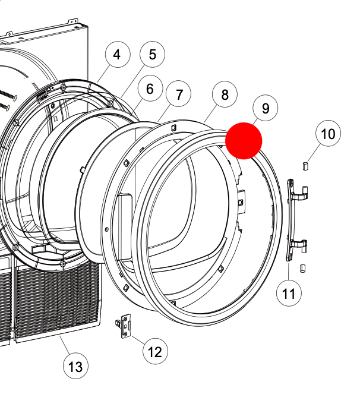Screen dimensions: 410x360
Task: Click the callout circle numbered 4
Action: [117, 55]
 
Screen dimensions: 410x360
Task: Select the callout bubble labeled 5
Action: [153, 55]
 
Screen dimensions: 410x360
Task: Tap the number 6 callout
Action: [150, 89]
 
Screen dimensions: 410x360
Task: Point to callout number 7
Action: [179, 94]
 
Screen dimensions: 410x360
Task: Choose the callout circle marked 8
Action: [225, 94]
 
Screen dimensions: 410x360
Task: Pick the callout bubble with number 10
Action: [329, 134]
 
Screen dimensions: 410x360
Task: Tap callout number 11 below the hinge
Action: [289, 293]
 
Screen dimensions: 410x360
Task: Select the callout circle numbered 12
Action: [154, 352]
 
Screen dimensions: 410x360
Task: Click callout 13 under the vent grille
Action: [76, 366]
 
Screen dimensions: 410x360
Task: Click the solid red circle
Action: [244, 141]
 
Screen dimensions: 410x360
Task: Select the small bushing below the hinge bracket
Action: [302, 268]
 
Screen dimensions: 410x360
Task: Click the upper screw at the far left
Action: [8, 94]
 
